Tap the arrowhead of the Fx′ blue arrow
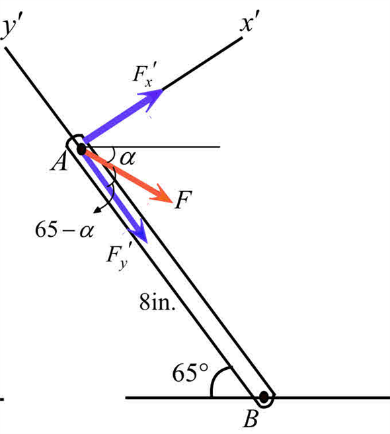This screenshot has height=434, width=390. click(153, 97)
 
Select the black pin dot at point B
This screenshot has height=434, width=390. click(264, 397)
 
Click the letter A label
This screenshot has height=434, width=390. click(59, 161)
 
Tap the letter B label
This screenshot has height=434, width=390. click(253, 420)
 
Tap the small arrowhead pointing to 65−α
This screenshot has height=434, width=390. click(98, 209)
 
